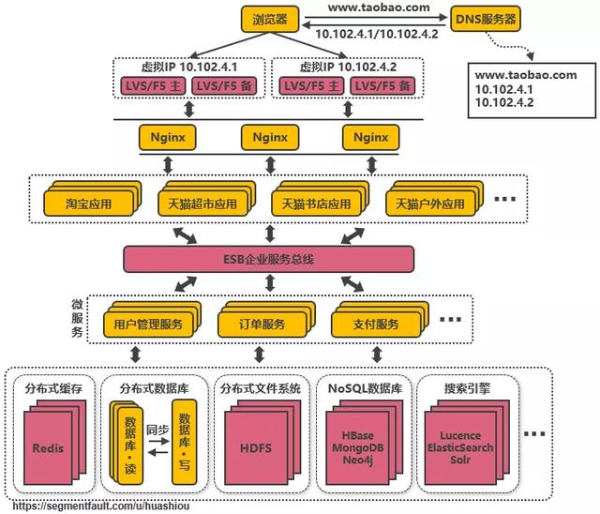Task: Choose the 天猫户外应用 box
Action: tap(427, 204)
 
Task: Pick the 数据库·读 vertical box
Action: tap(127, 440)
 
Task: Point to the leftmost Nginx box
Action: tap(168, 136)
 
